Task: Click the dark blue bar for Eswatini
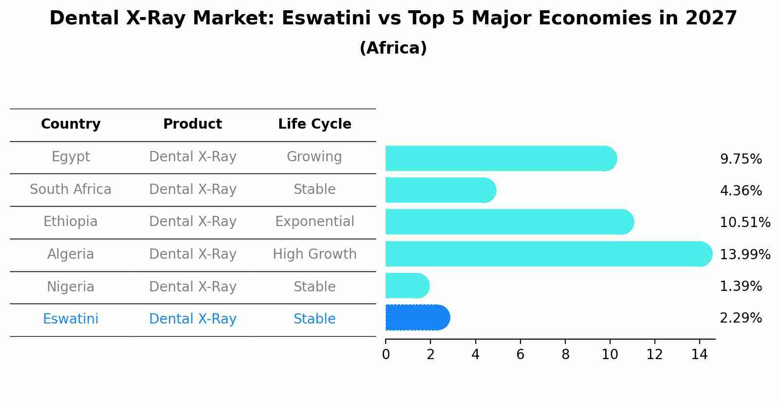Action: click(417, 318)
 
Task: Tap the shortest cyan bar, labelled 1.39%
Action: click(407, 286)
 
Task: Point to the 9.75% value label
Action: click(741, 159)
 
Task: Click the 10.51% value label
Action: click(744, 223)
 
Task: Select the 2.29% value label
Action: click(741, 318)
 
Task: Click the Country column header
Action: click(71, 124)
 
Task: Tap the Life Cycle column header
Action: click(315, 124)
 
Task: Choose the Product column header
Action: click(192, 124)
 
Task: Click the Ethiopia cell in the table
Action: click(71, 222)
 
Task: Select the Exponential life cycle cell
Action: click(315, 222)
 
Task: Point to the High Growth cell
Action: click(315, 254)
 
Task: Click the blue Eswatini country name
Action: click(71, 319)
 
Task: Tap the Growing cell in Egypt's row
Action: click(315, 157)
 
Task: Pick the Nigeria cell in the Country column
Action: click(71, 287)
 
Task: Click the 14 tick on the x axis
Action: click(699, 354)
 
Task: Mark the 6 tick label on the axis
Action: click(520, 354)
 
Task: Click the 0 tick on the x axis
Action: click(386, 354)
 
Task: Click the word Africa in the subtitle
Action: click(393, 48)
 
